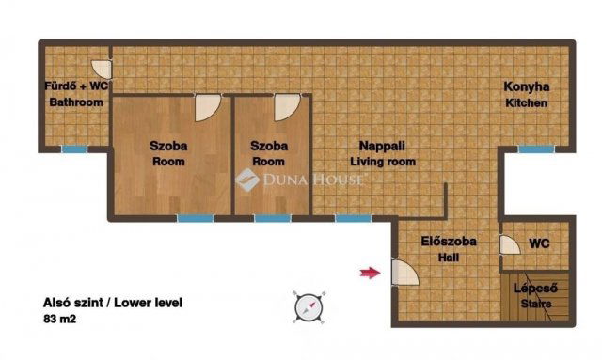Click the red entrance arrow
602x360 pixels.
coord(370,273)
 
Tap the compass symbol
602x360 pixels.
coord(309,307)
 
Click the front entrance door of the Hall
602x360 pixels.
coord(405,273)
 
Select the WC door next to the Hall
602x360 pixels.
coord(510,245)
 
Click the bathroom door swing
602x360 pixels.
coord(103,70)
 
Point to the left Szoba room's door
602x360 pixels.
coord(208,108)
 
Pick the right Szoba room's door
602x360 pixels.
coord(287,108)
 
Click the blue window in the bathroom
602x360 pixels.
coord(74,149)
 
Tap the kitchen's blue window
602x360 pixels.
coord(536,149)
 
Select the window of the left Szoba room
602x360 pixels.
coord(196,218)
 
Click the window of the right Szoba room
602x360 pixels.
coord(273,218)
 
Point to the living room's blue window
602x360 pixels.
coord(354,218)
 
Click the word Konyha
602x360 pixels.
coord(527,87)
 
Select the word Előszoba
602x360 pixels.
coord(449,242)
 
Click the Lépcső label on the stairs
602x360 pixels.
coord(535,289)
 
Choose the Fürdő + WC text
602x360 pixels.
coord(76,86)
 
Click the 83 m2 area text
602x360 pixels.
coord(59,319)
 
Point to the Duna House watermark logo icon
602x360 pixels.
coord(247,180)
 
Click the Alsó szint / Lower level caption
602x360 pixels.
coord(113,303)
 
